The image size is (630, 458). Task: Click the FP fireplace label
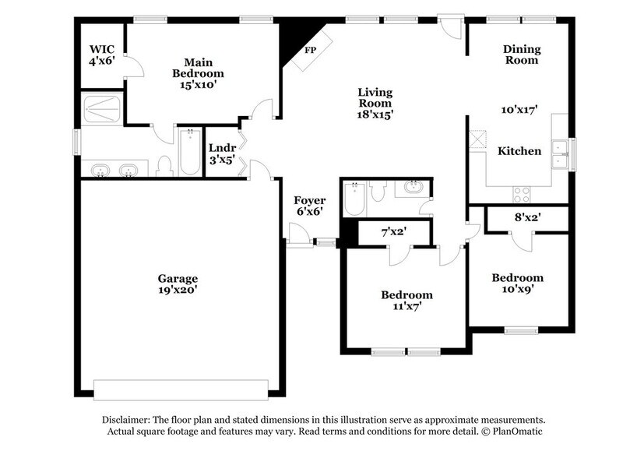click(x=310, y=50)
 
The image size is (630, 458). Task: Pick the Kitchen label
click(x=519, y=151)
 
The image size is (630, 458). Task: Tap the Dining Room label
click(x=522, y=55)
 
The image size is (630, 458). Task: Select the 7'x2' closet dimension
click(x=394, y=231)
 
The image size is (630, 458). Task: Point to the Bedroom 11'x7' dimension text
click(x=407, y=307)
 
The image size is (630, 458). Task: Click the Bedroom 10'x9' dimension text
click(x=517, y=290)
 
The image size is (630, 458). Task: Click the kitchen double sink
click(x=559, y=153)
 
